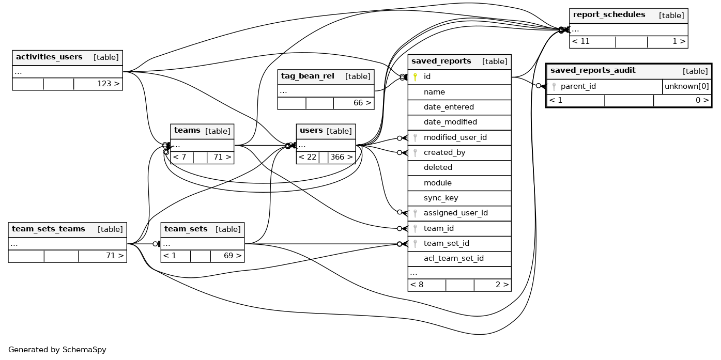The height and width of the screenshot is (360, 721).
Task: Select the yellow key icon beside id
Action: [x=415, y=77]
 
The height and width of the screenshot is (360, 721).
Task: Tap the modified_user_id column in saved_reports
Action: [x=455, y=137]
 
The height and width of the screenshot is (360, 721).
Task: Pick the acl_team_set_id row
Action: [x=453, y=258]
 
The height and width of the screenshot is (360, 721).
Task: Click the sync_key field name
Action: [x=441, y=198]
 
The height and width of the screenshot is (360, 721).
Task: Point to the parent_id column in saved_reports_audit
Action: [x=578, y=86]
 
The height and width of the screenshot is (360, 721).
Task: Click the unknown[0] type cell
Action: [x=686, y=86]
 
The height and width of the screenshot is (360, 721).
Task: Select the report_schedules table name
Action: [x=609, y=15]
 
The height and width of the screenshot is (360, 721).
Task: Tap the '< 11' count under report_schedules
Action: [x=581, y=41]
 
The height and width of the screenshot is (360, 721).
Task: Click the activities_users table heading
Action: [x=49, y=57]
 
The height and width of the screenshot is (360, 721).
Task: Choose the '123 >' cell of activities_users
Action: [x=108, y=84]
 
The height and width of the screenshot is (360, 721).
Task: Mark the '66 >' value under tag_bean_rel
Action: [x=362, y=103]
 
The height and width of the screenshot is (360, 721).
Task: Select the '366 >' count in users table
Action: [x=342, y=157]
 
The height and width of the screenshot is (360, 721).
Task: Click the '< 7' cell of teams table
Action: [x=179, y=157]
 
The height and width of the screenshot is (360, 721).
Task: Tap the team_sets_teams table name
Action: [x=48, y=229]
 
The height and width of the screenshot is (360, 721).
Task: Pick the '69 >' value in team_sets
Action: [x=231, y=256]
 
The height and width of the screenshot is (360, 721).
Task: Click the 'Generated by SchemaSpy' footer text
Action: [x=57, y=350]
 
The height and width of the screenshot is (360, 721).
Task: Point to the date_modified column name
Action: [x=450, y=122]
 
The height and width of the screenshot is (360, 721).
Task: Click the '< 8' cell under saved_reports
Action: [x=417, y=284]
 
